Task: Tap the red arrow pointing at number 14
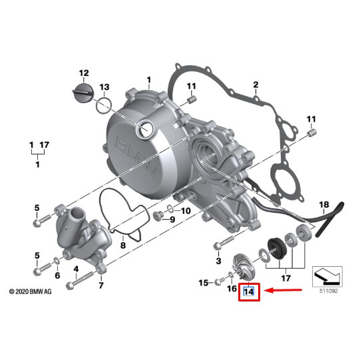[x=286, y=291]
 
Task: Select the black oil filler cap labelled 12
[x=83, y=92]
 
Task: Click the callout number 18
[x=324, y=204]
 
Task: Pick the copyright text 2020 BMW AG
[x=31, y=291]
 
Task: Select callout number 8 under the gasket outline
[x=122, y=246]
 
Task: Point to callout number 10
[x=186, y=211]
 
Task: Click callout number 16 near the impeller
[x=232, y=287]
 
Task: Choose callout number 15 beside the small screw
[x=204, y=283]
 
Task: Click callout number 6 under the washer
[x=57, y=275]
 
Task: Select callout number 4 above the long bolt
[x=77, y=268]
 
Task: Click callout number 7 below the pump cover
[x=101, y=285]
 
